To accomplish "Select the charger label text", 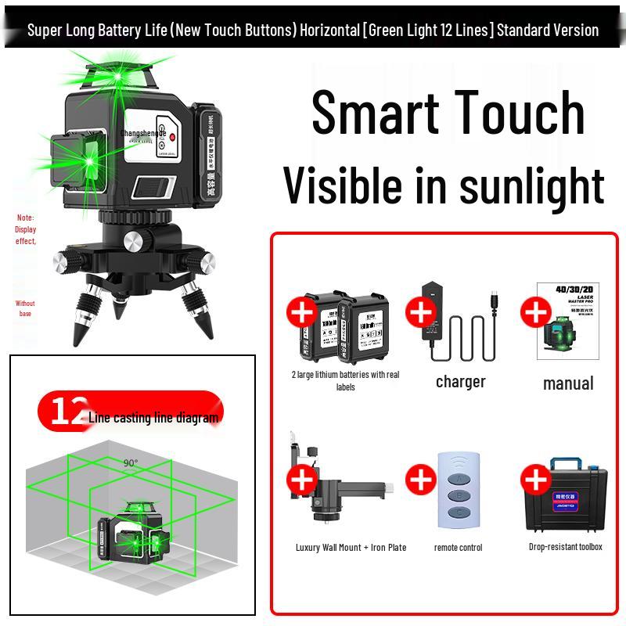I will pyautogui.click(x=460, y=382).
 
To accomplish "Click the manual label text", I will pyautogui.click(x=568, y=383).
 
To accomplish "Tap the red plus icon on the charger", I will pyautogui.click(x=421, y=312).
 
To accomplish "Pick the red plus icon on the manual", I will pyautogui.click(x=536, y=312).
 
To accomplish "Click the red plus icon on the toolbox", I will pyautogui.click(x=536, y=480).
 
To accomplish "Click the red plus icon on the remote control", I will pyautogui.click(x=421, y=480).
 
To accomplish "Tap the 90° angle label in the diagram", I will pyautogui.click(x=131, y=462).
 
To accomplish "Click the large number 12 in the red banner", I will pyautogui.click(x=67, y=412).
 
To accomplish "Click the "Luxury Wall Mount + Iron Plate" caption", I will pyautogui.click(x=351, y=548).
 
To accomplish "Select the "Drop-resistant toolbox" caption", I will pyautogui.click(x=565, y=547).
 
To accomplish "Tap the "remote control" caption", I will pyautogui.click(x=458, y=548).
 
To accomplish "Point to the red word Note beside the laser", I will pyautogui.click(x=26, y=218).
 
